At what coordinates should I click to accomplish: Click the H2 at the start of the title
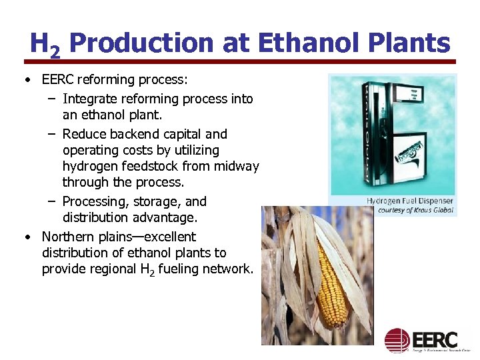point(45,45)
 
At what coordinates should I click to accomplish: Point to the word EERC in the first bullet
point(59,80)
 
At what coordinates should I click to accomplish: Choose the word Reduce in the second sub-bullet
point(83,134)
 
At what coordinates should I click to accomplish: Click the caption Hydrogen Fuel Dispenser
point(409,201)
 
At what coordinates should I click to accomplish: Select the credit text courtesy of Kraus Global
point(414,210)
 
